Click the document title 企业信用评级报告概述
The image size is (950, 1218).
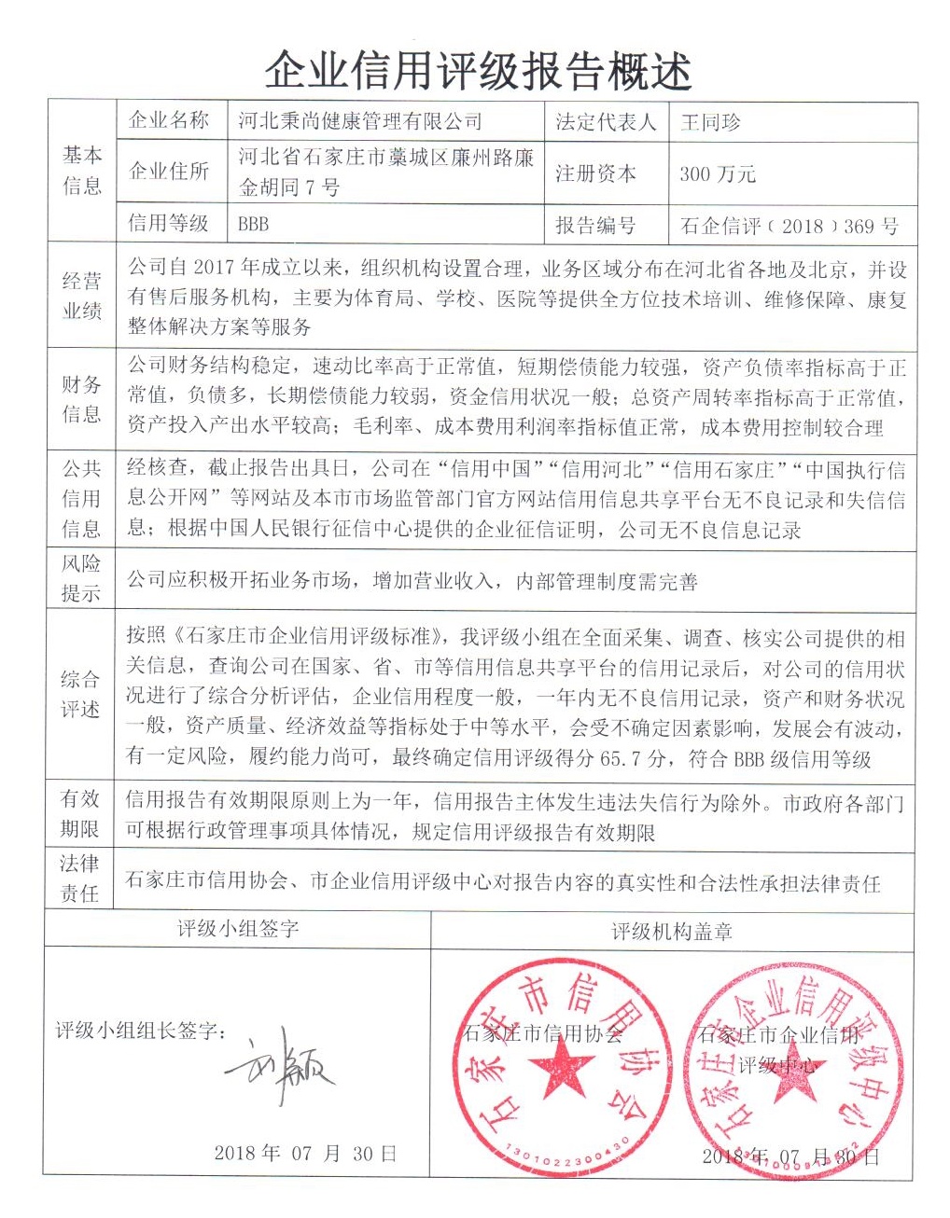[x=477, y=70]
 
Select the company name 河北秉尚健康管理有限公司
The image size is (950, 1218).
[x=359, y=121]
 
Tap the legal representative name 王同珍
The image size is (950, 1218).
[x=710, y=122]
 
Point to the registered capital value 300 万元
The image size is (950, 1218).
[x=718, y=173]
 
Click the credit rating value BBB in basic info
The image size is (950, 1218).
[x=253, y=224]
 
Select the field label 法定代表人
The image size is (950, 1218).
[x=606, y=122]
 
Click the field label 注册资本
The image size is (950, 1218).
[x=595, y=173]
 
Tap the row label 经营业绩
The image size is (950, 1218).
[x=81, y=296]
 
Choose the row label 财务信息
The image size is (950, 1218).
[x=81, y=398]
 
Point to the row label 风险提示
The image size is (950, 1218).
[x=81, y=578]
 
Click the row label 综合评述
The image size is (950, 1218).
[x=81, y=694]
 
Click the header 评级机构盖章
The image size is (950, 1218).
[x=672, y=931]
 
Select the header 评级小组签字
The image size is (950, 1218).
[x=238, y=929]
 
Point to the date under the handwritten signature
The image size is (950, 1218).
[x=305, y=1153]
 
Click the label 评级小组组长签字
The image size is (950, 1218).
[x=140, y=1031]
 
